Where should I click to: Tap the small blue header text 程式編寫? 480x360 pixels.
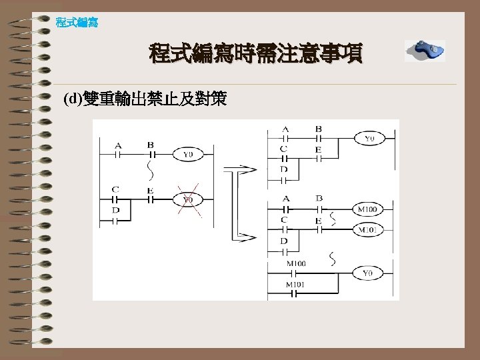pyautogui.click(x=77, y=23)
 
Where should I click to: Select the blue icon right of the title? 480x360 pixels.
pyautogui.click(x=425, y=50)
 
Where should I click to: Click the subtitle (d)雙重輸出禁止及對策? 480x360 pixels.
pyautogui.click(x=145, y=100)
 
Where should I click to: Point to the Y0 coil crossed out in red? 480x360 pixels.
pyautogui.click(x=188, y=199)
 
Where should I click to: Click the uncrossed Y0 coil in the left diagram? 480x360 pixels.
pyautogui.click(x=188, y=154)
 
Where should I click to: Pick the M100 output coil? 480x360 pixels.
pyautogui.click(x=367, y=209)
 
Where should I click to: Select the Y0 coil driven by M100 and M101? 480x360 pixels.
pyautogui.click(x=368, y=273)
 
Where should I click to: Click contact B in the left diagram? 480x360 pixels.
pyautogui.click(x=150, y=153)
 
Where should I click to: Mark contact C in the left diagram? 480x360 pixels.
pyautogui.click(x=115, y=198)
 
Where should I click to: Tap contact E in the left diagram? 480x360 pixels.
pyautogui.click(x=150, y=198)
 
